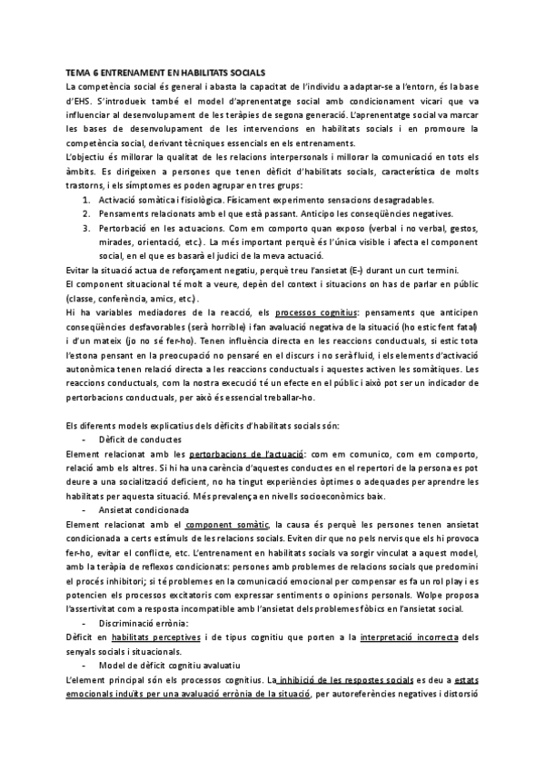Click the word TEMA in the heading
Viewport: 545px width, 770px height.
[x=78, y=72]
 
